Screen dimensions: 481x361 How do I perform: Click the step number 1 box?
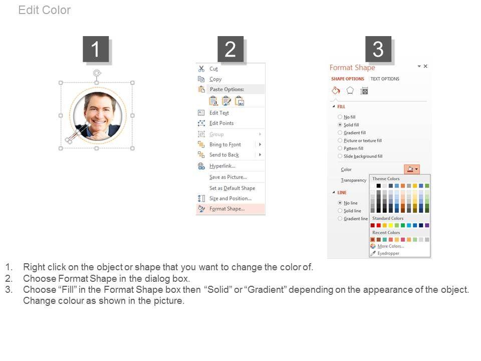tap(96, 49)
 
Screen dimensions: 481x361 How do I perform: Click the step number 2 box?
tap(230, 49)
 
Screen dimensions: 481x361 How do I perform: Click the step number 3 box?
tap(378, 49)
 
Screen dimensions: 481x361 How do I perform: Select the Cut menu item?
tap(213, 69)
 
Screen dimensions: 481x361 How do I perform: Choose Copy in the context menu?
tap(215, 79)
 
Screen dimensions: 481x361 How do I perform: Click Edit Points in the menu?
tap(221, 123)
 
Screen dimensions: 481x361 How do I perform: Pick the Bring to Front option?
tap(225, 144)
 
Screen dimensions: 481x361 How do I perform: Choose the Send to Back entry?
tap(224, 155)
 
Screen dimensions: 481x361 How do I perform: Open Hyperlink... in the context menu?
tap(222, 166)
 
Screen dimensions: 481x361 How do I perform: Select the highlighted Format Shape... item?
tap(227, 209)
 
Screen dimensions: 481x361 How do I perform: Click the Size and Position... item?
tap(230, 199)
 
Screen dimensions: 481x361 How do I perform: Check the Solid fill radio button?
tap(340, 125)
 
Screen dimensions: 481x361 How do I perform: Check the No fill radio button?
tap(340, 117)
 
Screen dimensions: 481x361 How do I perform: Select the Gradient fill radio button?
tap(340, 132)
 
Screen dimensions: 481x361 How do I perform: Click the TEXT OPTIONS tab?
tap(385, 79)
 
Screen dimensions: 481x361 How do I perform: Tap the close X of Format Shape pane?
tap(425, 66)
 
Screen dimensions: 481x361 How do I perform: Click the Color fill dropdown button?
tap(412, 169)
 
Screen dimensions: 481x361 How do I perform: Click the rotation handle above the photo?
tap(97, 73)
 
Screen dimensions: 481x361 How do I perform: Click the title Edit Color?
tap(45, 10)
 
